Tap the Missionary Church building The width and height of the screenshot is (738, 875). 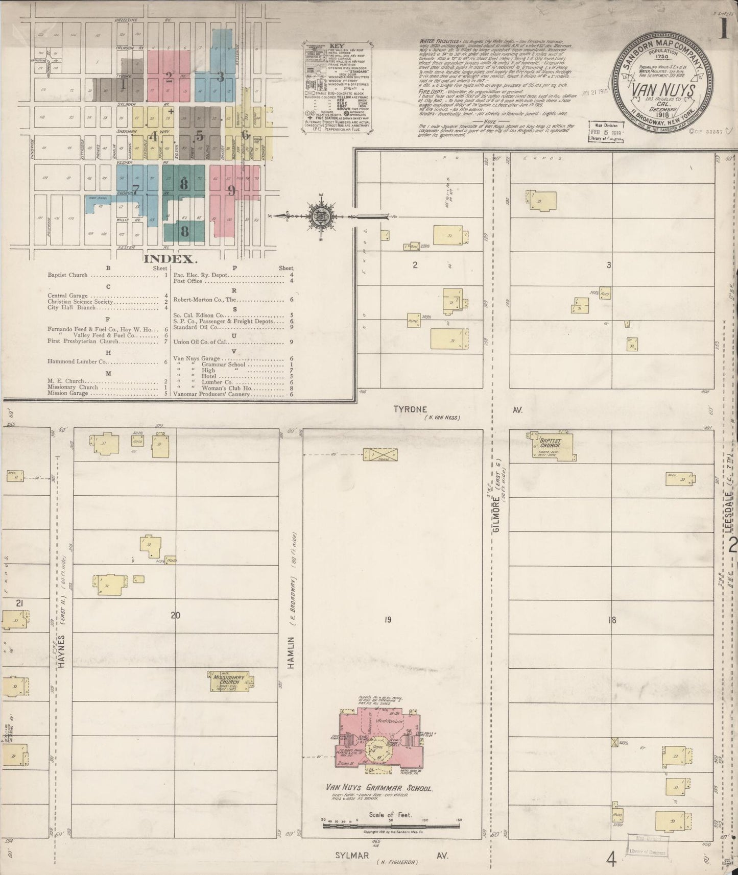[230, 682]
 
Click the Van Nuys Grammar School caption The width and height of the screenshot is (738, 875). [380, 788]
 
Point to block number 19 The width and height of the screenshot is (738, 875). [388, 620]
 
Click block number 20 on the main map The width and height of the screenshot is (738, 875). [175, 615]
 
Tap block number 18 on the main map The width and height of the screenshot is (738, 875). [612, 620]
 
